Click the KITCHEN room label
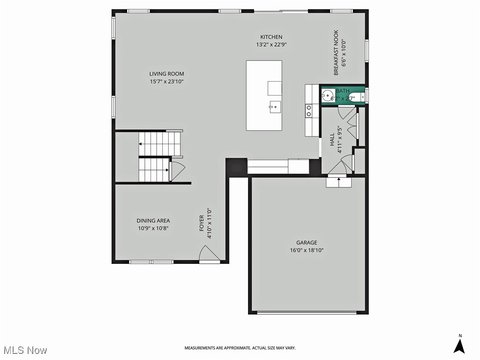[271, 37]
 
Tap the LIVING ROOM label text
[166, 74]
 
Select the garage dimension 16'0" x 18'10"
[307, 250]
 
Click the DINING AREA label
[153, 221]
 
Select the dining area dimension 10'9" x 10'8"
[153, 228]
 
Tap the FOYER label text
[202, 223]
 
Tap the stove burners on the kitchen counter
[309, 111]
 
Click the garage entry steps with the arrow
[338, 182]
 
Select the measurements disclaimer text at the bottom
[240, 348]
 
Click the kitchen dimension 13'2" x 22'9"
[271, 45]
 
